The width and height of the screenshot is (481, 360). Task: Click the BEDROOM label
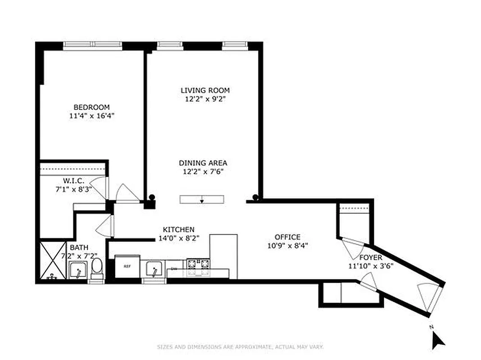(91, 107)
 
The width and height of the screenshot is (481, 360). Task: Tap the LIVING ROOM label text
(205, 90)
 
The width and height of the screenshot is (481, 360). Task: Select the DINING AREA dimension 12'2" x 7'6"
(203, 171)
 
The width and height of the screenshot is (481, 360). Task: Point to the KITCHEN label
(178, 229)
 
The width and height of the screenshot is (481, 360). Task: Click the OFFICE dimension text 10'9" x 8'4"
(287, 246)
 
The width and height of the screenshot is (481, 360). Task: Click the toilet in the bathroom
(96, 269)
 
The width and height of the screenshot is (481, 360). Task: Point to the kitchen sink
(154, 270)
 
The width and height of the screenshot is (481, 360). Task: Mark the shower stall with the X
(53, 261)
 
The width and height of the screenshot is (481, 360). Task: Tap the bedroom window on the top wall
(93, 45)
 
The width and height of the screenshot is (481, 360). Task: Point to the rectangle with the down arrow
(201, 199)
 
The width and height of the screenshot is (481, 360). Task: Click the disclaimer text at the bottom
(240, 347)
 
